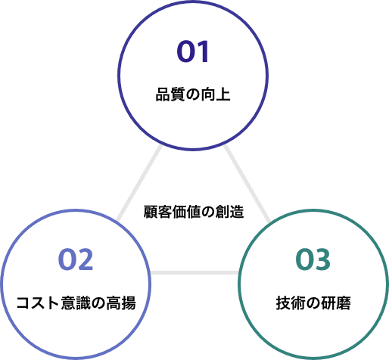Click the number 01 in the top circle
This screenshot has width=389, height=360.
tap(193, 51)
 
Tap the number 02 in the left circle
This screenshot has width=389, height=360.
tap(76, 259)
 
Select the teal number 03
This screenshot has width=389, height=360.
tap(313, 259)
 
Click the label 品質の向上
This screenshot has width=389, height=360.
tap(193, 95)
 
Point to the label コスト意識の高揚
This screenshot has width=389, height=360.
tap(76, 303)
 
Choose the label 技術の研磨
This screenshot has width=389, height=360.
tap(313, 303)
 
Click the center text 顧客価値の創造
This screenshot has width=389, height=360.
tap(194, 212)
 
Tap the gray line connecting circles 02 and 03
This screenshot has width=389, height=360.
tap(194, 272)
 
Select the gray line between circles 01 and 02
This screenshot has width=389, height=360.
tap(139, 184)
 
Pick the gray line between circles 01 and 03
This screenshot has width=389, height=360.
tap(247, 184)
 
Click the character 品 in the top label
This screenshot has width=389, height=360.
tap(163, 95)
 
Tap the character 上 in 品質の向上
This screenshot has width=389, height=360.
tap(223, 95)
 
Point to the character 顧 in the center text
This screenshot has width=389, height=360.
tap(151, 212)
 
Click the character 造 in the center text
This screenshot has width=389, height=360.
tap(237, 212)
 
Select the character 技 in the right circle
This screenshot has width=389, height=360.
tap(283, 303)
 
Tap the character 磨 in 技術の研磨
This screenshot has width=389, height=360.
tap(344, 303)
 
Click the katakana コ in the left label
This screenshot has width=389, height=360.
tap(23, 303)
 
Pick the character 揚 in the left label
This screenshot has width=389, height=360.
tap(129, 303)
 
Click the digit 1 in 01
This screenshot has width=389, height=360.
tap(204, 51)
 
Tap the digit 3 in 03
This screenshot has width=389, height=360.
tap(322, 259)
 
